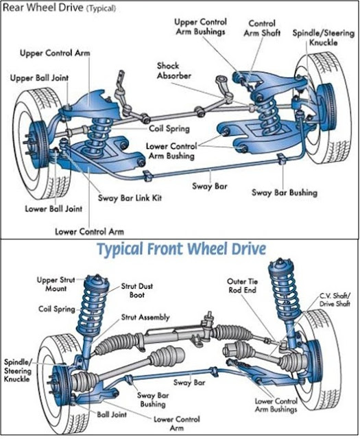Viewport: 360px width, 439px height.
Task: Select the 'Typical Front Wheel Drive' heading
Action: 181,249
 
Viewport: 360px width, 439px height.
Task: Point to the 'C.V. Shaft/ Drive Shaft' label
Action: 336,300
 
